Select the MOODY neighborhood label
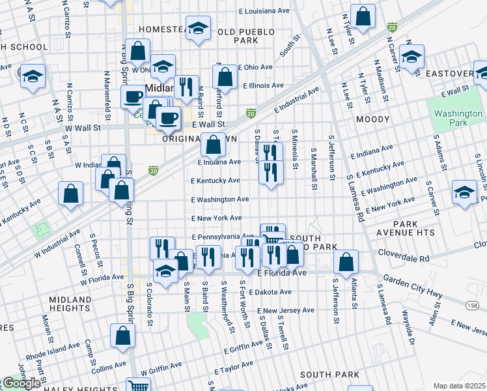(x=372, y=119)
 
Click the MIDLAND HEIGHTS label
(x=70, y=304)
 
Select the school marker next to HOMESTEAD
(x=198, y=28)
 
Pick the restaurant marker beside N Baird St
(x=187, y=87)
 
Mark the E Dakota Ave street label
(x=269, y=292)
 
